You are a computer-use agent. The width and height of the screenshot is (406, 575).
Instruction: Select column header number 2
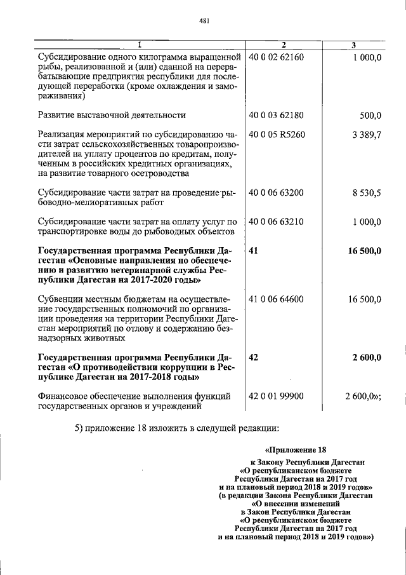pyautogui.click(x=284, y=44)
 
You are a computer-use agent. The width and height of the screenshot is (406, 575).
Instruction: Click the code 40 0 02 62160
pyautogui.click(x=277, y=57)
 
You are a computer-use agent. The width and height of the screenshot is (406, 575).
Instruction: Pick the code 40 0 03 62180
pyautogui.click(x=277, y=115)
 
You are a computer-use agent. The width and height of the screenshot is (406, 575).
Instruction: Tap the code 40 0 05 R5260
pyautogui.click(x=277, y=135)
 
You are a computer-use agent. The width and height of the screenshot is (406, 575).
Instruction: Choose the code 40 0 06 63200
pyautogui.click(x=277, y=193)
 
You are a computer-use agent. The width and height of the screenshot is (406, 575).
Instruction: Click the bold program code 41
pyautogui.click(x=254, y=251)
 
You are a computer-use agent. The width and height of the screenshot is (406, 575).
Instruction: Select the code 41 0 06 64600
pyautogui.click(x=277, y=299)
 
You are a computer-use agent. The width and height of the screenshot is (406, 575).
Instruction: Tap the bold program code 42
pyautogui.click(x=254, y=358)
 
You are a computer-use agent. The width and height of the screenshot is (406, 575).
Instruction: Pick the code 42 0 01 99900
pyautogui.click(x=277, y=396)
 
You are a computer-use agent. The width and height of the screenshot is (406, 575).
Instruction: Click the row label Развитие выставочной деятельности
pyautogui.click(x=112, y=115)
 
